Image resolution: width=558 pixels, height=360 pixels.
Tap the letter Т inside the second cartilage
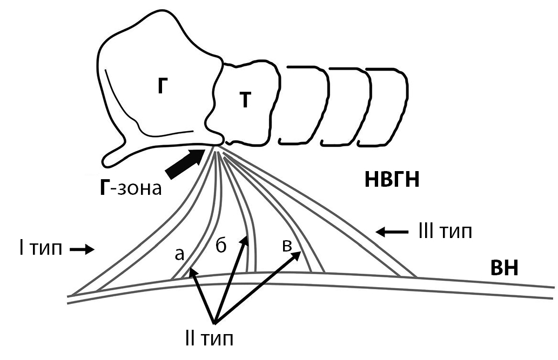(245, 101)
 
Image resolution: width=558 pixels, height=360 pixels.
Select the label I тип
(37, 249)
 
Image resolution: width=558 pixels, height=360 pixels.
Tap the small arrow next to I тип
(82, 249)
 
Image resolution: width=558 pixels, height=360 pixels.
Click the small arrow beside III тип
(392, 232)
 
